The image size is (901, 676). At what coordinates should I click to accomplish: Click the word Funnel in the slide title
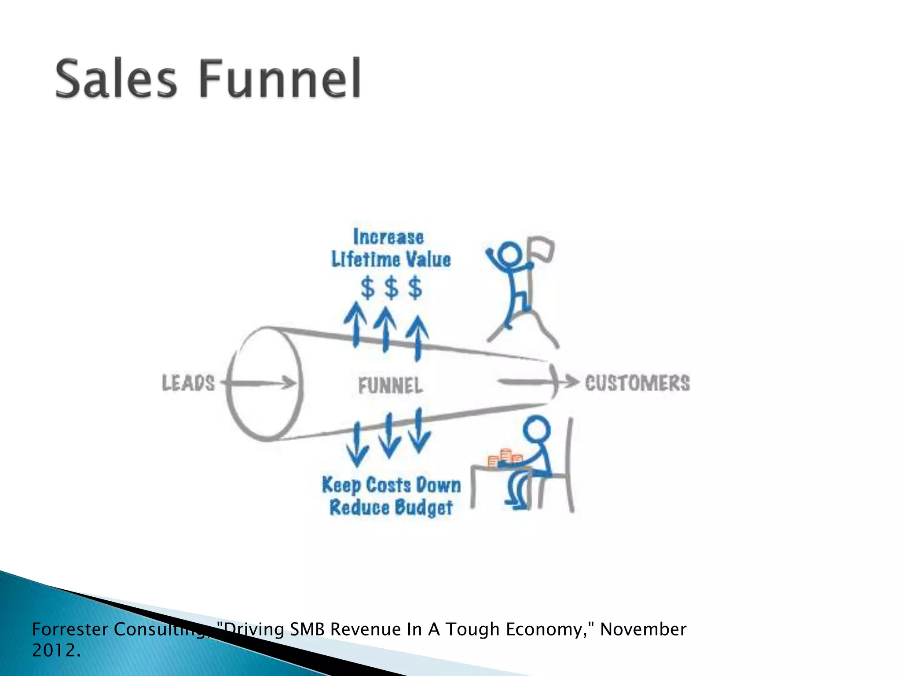[281, 79]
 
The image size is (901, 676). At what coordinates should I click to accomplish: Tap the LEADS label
[188, 383]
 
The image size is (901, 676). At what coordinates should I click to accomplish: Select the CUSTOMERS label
[637, 383]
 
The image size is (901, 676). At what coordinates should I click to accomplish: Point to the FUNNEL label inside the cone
[390, 386]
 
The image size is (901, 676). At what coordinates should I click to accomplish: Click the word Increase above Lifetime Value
[388, 237]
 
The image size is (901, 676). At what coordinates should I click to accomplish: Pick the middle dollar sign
[391, 288]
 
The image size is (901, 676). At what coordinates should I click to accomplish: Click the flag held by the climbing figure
[541, 249]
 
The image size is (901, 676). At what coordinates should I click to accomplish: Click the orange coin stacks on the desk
[505, 458]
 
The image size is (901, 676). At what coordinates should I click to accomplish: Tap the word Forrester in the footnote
[70, 629]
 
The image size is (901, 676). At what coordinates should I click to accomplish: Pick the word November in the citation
[643, 629]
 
